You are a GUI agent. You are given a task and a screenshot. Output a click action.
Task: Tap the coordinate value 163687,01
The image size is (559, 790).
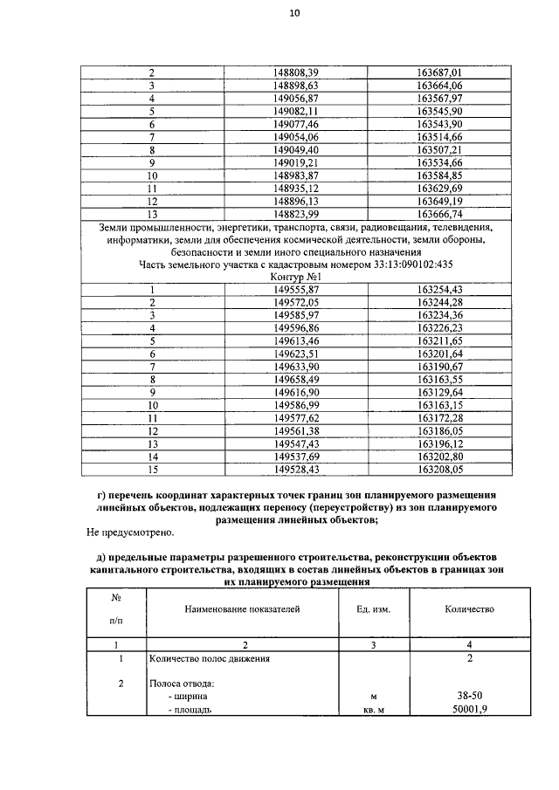(x=439, y=73)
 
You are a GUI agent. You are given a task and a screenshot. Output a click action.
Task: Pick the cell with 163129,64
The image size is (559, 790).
(x=439, y=393)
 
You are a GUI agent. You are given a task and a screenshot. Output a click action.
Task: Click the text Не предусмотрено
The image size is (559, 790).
(x=131, y=532)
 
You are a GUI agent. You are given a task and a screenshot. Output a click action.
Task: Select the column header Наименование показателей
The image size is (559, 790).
(x=240, y=609)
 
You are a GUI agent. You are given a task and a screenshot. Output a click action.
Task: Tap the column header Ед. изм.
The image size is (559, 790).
(x=373, y=609)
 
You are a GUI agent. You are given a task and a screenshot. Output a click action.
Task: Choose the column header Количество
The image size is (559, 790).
(x=470, y=609)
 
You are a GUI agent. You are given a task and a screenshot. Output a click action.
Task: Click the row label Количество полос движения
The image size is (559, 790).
(x=209, y=658)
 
